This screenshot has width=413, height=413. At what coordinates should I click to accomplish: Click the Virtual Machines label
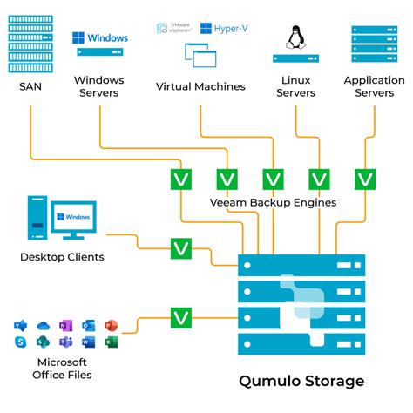pyautogui.click(x=200, y=86)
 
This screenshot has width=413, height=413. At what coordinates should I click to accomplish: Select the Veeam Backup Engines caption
pyautogui.click(x=273, y=202)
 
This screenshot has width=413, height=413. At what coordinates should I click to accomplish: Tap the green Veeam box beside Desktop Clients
pyautogui.click(x=181, y=248)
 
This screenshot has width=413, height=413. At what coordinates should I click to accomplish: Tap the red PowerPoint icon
pyautogui.click(x=110, y=326)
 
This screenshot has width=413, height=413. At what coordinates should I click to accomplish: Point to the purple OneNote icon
pyautogui.click(x=65, y=326)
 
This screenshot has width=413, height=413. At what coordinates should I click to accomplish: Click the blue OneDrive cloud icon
pyautogui.click(x=43, y=326)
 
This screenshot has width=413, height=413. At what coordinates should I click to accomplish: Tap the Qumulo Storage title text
pyautogui.click(x=301, y=381)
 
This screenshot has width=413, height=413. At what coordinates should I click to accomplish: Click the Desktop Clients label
pyautogui.click(x=62, y=257)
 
